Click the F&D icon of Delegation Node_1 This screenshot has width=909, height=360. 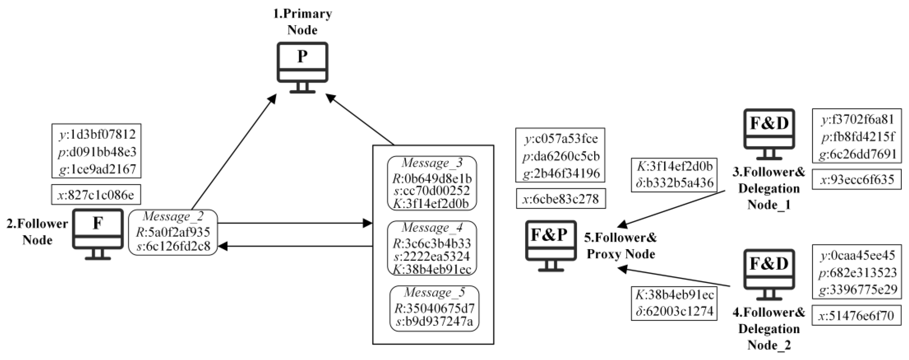pos(769,133)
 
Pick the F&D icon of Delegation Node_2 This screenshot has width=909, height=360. pos(769,273)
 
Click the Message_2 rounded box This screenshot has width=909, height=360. pos(173,232)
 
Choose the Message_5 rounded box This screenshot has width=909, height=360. pos(435,308)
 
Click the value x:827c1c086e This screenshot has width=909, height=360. pos(96,195)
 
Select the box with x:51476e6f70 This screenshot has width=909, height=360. pos(856,315)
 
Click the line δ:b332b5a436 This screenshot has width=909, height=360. pos(674,183)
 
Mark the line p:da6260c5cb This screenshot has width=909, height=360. pos(561,156)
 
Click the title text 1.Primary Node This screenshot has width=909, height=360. pos(302,22)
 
